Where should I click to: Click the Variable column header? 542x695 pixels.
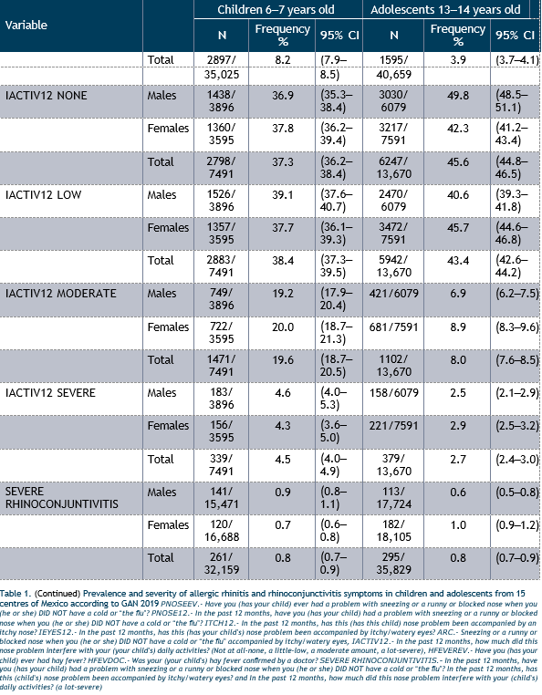click(x=26, y=25)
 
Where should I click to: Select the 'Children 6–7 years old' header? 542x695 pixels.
click(x=276, y=10)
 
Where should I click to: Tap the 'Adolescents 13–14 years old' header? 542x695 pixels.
click(x=445, y=10)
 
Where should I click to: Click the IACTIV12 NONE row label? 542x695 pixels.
click(x=47, y=95)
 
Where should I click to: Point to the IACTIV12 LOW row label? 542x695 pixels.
click(x=43, y=194)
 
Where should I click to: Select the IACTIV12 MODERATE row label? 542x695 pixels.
click(x=61, y=294)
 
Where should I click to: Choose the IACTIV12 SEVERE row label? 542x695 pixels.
click(x=50, y=393)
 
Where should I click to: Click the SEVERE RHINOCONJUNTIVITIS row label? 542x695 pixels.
click(x=62, y=498)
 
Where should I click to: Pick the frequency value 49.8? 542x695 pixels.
click(x=458, y=95)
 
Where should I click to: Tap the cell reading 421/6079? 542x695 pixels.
click(x=394, y=294)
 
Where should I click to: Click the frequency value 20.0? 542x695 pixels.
click(x=283, y=327)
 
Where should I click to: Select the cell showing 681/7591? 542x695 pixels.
click(x=394, y=327)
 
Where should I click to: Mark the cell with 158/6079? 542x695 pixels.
click(x=394, y=393)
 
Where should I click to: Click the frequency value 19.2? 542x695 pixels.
click(x=283, y=294)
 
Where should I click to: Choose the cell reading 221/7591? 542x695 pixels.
click(x=394, y=426)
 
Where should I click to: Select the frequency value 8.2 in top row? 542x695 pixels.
click(x=283, y=60)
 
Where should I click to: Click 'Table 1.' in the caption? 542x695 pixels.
click(x=16, y=594)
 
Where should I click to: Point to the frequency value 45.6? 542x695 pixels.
click(x=458, y=161)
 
